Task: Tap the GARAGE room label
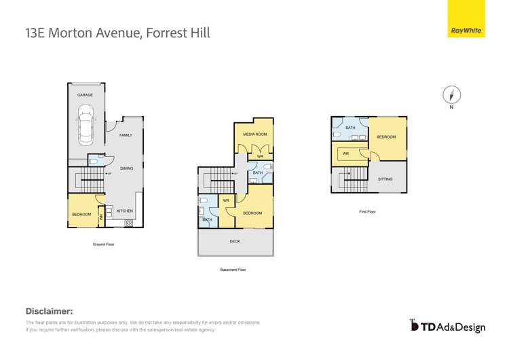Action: pos(86,95)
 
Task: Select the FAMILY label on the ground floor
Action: pos(126,135)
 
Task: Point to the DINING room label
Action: pos(126,168)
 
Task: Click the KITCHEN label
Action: pos(124,211)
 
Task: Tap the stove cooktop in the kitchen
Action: pos(128,223)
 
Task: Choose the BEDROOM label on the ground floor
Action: pos(81,214)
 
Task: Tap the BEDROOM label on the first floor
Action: pos(386,137)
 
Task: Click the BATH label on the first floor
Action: pos(350,128)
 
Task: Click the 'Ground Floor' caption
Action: pos(103,243)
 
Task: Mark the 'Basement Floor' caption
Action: pos(233,270)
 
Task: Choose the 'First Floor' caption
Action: pos(367,211)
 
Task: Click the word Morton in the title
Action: pos(80,31)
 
